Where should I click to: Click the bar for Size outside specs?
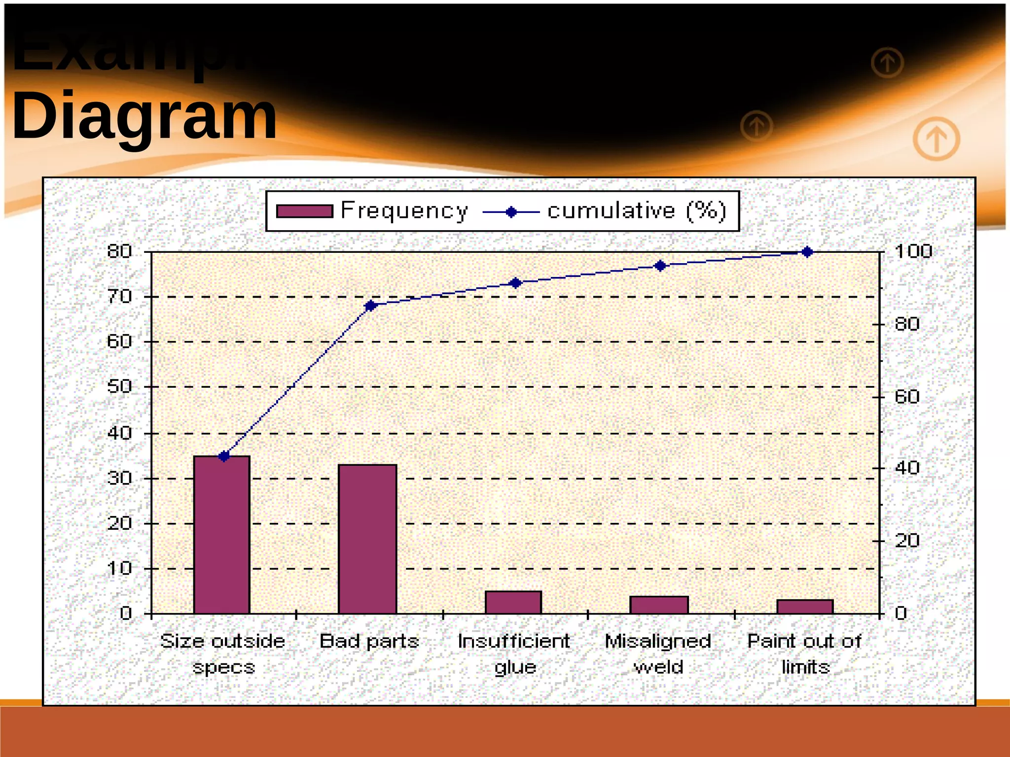pyautogui.click(x=221, y=535)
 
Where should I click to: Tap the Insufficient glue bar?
pyautogui.click(x=513, y=602)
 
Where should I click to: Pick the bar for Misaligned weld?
pyautogui.click(x=659, y=605)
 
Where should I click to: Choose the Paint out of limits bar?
pyautogui.click(x=805, y=606)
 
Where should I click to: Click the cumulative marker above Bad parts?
pyautogui.click(x=370, y=306)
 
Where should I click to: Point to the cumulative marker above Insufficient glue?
pyautogui.click(x=515, y=283)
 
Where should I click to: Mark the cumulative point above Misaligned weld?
pyautogui.click(x=660, y=266)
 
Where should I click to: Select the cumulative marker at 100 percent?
pyautogui.click(x=807, y=252)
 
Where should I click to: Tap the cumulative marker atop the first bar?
pyautogui.click(x=224, y=456)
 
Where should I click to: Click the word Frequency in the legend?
pyautogui.click(x=404, y=211)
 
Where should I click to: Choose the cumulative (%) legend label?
pyautogui.click(x=637, y=211)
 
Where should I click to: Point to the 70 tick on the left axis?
pyautogui.click(x=119, y=297)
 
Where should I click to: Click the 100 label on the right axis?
pyautogui.click(x=913, y=251)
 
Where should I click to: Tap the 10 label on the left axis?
pyautogui.click(x=119, y=568)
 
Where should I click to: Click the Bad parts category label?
pyautogui.click(x=369, y=641)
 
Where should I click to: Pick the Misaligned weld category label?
pyautogui.click(x=658, y=654)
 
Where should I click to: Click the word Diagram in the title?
pyautogui.click(x=144, y=116)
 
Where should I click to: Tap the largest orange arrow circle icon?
pyautogui.click(x=936, y=139)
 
